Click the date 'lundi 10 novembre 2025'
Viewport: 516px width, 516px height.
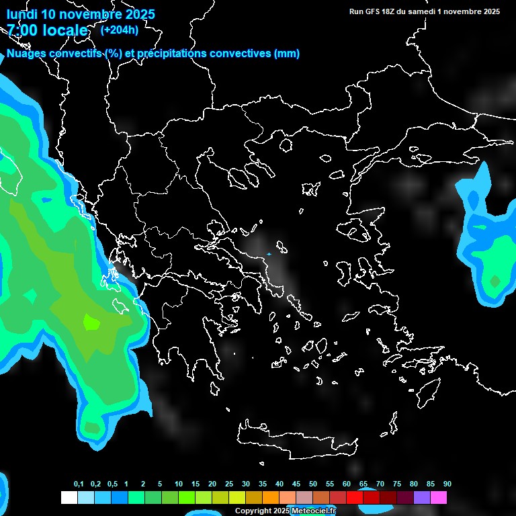pyautogui.click(x=81, y=14)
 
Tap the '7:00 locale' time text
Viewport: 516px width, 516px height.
pyautogui.click(x=47, y=30)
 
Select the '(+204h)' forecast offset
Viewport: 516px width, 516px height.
pyautogui.click(x=120, y=30)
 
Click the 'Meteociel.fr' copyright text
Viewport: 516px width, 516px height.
pyautogui.click(x=313, y=511)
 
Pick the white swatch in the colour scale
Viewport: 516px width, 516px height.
pyautogui.click(x=69, y=497)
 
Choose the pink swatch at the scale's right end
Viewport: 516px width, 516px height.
pyautogui.click(x=438, y=497)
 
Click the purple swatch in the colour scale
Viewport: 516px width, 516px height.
pyautogui.click(x=421, y=497)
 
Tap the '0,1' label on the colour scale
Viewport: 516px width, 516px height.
pyautogui.click(x=79, y=484)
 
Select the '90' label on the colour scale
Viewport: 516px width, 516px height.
pyautogui.click(x=447, y=484)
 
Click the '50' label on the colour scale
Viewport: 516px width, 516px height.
pyautogui.click(x=312, y=484)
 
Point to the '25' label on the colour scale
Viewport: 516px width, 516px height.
pyautogui.click(x=228, y=484)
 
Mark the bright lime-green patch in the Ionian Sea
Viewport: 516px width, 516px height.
pyautogui.click(x=91, y=322)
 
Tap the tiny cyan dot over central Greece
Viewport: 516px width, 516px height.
pyautogui.click(x=269, y=254)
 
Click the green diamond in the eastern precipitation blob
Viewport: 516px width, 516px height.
pyautogui.click(x=495, y=281)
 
